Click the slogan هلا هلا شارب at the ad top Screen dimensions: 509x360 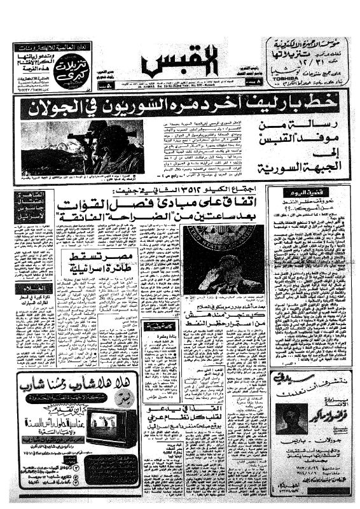[x=73, y=384]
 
